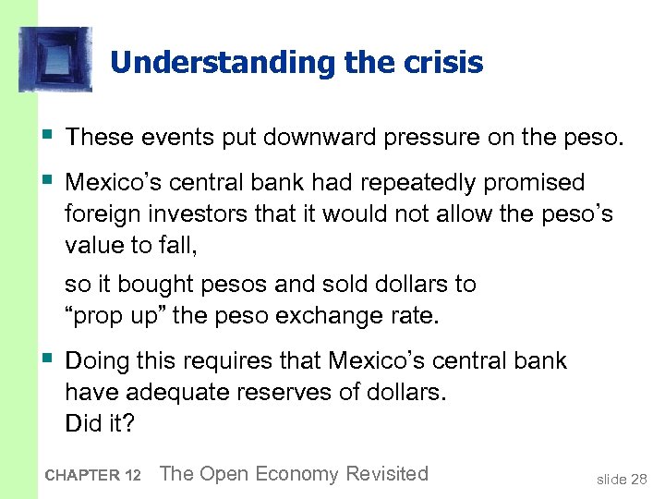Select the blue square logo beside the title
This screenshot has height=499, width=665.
pyautogui.click(x=55, y=59)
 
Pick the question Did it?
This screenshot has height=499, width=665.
pyautogui.click(x=100, y=424)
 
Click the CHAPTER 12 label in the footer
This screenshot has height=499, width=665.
pyautogui.click(x=91, y=476)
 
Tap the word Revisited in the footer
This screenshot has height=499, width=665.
pyautogui.click(x=386, y=474)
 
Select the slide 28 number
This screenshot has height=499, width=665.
pyautogui.click(x=622, y=479)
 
